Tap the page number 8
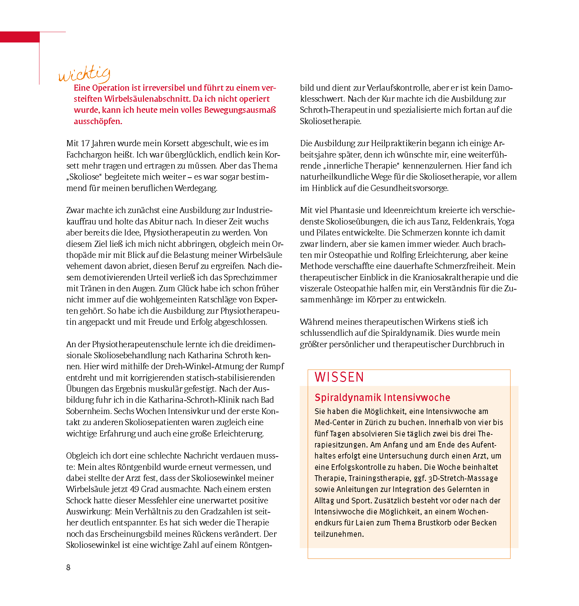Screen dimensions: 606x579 click(68, 567)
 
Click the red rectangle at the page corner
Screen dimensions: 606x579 click(20, 37)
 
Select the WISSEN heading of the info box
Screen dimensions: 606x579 click(339, 377)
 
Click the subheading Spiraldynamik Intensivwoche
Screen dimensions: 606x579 click(382, 397)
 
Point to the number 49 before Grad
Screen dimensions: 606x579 click(134, 489)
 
